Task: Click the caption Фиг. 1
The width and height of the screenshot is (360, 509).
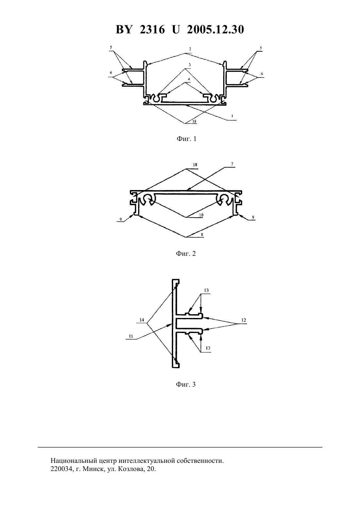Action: (186, 139)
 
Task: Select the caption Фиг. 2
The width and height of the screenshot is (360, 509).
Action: (186, 254)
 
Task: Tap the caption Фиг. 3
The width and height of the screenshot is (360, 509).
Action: (186, 384)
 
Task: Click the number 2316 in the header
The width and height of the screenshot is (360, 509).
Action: (152, 29)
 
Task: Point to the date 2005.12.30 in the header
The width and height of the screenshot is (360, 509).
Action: (215, 29)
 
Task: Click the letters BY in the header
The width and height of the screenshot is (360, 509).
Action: (124, 29)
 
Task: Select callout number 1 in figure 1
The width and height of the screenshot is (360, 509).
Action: (232, 116)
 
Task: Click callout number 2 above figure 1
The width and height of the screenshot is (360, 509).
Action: (190, 49)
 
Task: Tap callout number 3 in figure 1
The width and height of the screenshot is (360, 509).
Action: (189, 65)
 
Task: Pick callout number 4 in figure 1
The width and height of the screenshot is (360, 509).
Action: (189, 79)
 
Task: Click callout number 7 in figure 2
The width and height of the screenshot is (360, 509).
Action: (232, 164)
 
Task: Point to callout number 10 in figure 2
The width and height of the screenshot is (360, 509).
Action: (201, 215)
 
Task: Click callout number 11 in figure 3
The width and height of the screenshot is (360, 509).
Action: (131, 336)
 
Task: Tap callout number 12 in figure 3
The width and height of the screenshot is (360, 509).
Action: (243, 320)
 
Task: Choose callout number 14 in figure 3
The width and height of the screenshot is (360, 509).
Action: (142, 320)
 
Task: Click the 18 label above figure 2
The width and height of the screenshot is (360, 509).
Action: (195, 165)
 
